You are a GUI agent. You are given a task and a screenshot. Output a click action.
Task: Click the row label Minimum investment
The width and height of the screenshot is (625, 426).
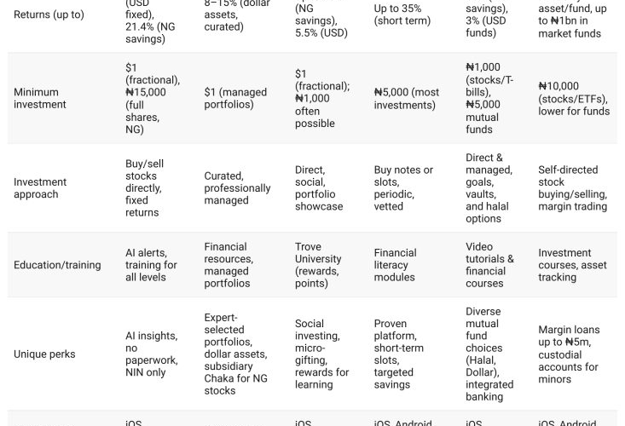tap(39, 98)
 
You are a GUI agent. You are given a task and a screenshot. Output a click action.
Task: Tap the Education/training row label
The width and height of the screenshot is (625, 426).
tap(57, 265)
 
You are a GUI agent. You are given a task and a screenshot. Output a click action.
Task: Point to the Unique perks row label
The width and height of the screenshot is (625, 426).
tap(44, 354)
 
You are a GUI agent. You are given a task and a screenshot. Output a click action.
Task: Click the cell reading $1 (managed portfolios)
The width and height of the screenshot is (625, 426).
tap(235, 98)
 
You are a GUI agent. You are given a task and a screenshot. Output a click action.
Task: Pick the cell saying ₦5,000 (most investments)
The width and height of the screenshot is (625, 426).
tap(407, 98)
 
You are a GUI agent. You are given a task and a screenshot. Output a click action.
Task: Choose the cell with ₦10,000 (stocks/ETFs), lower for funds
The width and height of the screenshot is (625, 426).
tap(574, 98)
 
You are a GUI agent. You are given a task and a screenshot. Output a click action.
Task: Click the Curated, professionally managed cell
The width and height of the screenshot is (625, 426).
tap(237, 188)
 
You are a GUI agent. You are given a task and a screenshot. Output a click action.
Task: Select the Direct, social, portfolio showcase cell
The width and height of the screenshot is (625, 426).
tap(319, 188)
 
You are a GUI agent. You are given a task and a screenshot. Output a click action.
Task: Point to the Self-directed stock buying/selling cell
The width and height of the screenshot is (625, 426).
tap(572, 188)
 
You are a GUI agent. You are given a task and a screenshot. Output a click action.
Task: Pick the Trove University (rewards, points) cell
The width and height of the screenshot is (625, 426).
tap(318, 265)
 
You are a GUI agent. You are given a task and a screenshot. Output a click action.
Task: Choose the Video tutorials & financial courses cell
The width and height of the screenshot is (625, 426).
tap(489, 265)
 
